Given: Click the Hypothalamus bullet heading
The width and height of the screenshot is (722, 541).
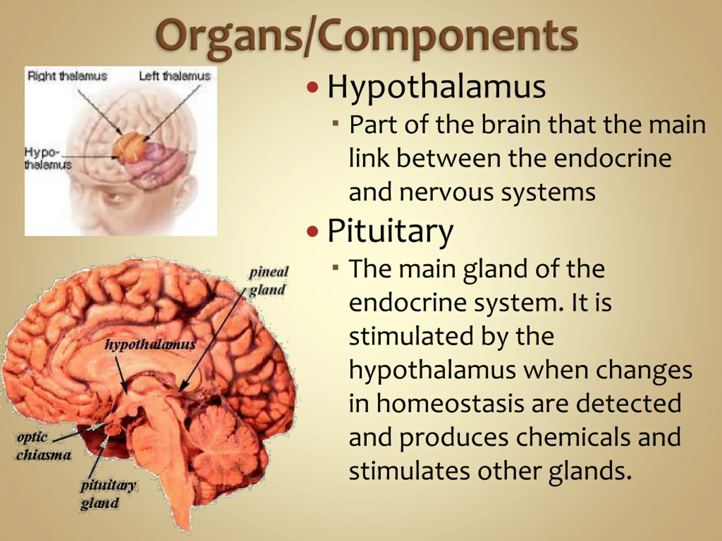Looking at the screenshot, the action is coord(436,87).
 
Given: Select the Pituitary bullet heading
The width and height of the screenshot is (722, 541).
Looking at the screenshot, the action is coord(390,231).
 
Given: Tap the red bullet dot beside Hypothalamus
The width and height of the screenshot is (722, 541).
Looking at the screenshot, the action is coord(312,87).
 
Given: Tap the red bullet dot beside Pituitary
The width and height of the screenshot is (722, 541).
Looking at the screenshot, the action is coord(312,231).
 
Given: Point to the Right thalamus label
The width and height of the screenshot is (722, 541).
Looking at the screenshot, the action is coord(67,76).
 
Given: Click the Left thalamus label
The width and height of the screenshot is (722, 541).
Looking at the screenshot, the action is coord(175,76).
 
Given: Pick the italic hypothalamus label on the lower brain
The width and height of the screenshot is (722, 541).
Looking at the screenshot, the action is coord(150,344).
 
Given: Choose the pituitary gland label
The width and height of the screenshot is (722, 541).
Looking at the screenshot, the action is coord(108,494).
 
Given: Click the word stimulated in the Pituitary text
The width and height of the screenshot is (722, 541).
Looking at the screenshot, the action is coord(411,336).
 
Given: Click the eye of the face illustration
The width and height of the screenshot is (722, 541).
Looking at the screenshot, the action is coord(114,198).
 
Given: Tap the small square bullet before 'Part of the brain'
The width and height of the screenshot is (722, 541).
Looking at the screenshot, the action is coord(336,123).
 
